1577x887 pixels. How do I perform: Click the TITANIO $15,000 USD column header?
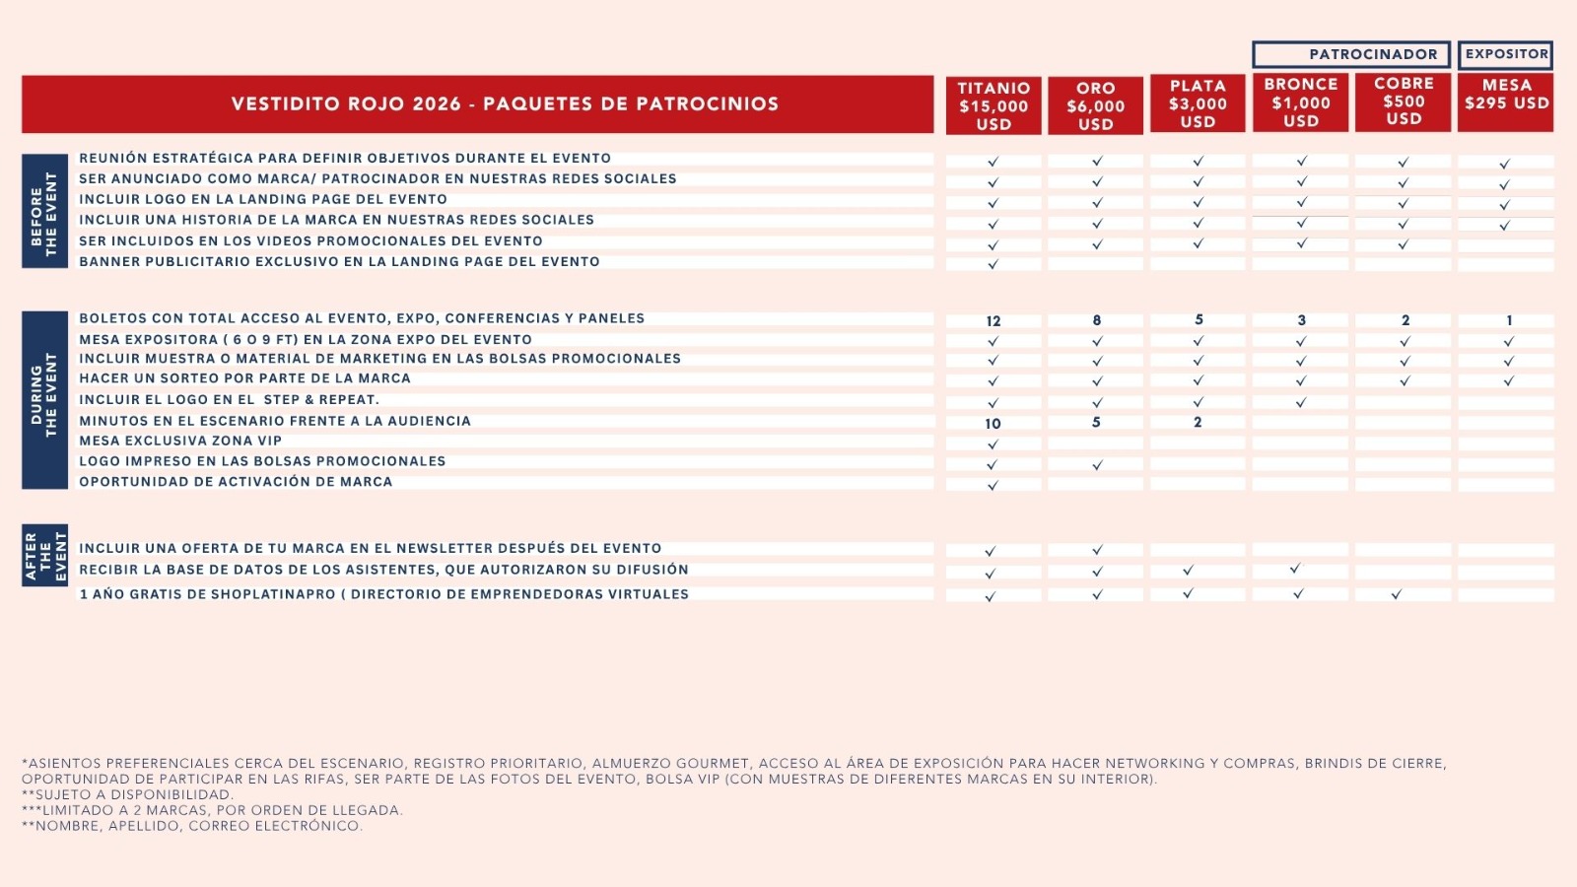[994, 105]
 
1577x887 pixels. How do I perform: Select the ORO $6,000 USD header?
[1095, 105]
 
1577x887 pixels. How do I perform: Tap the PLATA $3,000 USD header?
[1198, 103]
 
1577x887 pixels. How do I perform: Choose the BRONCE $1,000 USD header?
[1300, 102]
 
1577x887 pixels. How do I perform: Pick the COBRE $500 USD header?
[1404, 102]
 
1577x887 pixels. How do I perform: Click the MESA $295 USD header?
[1506, 102]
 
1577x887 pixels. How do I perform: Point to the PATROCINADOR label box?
[1351, 54]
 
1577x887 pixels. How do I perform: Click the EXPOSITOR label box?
[1506, 54]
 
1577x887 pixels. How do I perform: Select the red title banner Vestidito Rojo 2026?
[478, 104]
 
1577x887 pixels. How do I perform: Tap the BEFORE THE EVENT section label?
[44, 211]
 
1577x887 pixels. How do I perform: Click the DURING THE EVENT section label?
[44, 400]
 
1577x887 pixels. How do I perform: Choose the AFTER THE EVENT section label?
[44, 556]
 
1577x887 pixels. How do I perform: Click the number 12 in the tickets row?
[994, 321]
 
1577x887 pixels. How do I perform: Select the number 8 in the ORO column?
[1096, 320]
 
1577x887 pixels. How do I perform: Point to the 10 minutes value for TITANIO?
[993, 424]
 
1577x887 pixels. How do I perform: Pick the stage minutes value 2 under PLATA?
[1198, 422]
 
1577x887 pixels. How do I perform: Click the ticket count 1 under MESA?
[1508, 320]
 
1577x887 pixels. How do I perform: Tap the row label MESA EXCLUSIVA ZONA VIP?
[180, 441]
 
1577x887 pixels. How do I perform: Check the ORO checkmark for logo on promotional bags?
[1097, 464]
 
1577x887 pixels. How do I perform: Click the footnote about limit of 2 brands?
[212, 810]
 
